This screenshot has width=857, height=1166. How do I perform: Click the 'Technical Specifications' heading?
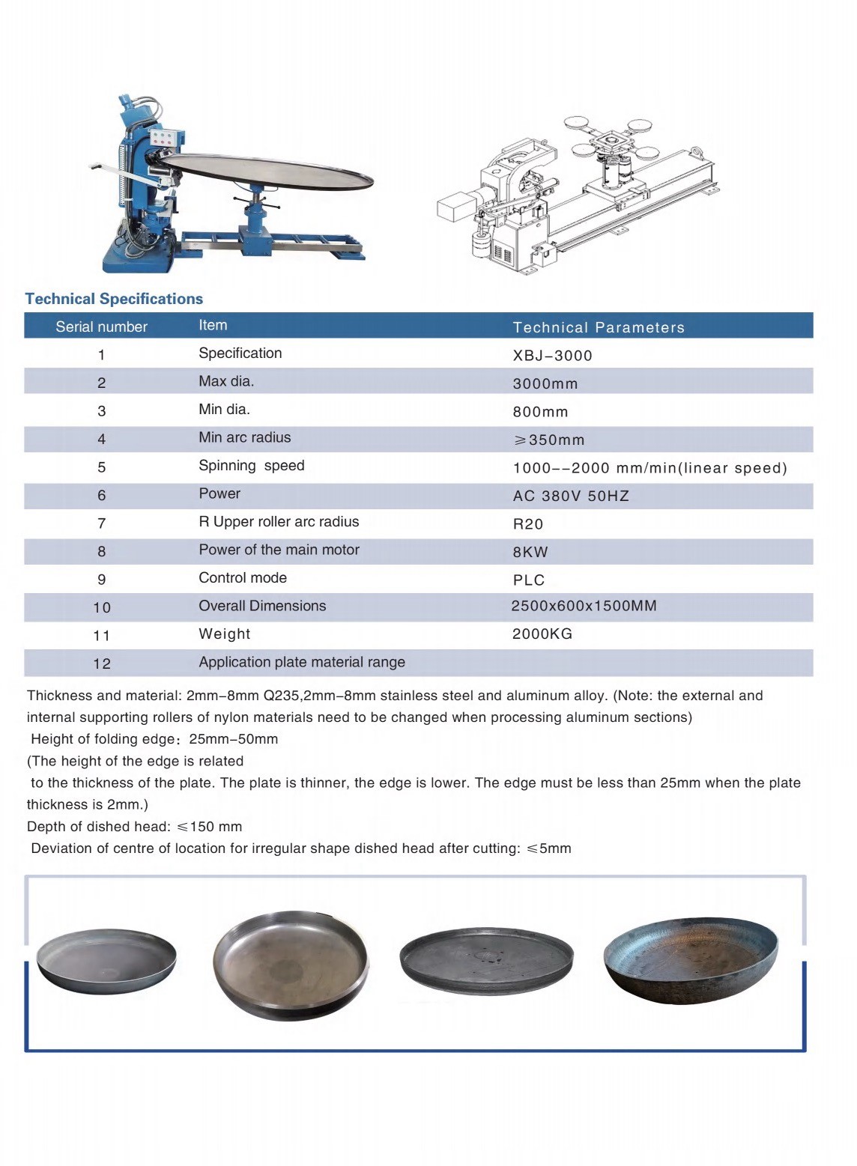coord(114,299)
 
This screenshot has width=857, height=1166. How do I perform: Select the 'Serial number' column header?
coord(101,327)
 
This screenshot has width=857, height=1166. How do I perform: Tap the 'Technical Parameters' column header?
coord(598,327)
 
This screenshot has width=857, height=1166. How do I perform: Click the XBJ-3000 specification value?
coord(552,356)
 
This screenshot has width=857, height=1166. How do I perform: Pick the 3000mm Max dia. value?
coord(545,383)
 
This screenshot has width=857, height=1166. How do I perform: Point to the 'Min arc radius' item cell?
coord(244,437)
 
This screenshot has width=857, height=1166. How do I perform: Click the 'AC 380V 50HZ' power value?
coord(571,496)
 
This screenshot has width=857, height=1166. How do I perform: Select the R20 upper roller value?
coord(527,524)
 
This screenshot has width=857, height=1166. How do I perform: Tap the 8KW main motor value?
coord(530,552)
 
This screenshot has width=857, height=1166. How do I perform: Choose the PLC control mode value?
coord(528,580)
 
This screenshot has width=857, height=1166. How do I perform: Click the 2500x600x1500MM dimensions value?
coord(583,606)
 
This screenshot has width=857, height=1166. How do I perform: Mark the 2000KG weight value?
coord(542,634)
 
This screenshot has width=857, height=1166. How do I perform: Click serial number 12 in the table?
coord(102,664)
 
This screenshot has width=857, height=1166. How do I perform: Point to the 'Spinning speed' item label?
coord(251,466)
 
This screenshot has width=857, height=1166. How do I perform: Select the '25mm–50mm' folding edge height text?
coord(233,739)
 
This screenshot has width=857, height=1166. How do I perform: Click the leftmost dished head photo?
coord(106,961)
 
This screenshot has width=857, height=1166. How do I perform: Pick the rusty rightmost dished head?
coord(690,959)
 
